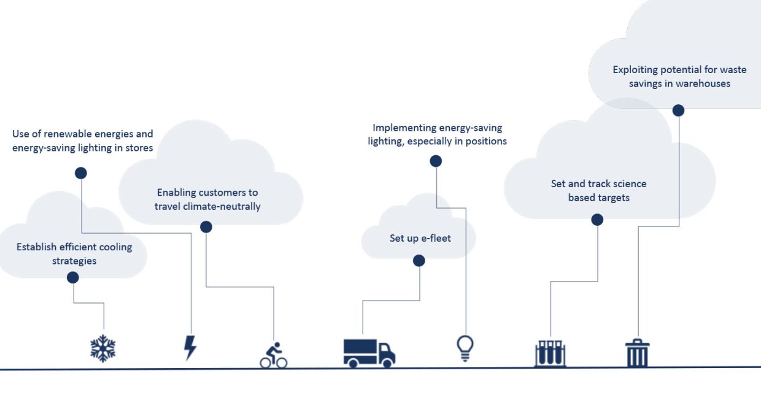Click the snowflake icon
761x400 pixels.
point(103,348)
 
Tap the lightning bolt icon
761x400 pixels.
point(190,348)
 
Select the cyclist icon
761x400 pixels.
point(274,355)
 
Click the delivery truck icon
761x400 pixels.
point(369,352)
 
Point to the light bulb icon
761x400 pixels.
point(465,348)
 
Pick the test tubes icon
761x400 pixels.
point(550,353)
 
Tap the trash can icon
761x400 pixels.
point(637,353)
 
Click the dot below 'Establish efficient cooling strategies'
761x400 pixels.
point(73,277)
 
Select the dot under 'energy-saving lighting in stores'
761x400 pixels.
point(81,173)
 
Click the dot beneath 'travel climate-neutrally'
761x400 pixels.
point(206,227)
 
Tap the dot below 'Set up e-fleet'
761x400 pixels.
point(419,261)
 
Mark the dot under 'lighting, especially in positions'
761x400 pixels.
point(436,161)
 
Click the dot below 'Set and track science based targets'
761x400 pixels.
point(597,220)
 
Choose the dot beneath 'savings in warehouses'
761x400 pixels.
point(678,110)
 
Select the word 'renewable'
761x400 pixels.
point(64,134)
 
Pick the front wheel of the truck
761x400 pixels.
point(387,363)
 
